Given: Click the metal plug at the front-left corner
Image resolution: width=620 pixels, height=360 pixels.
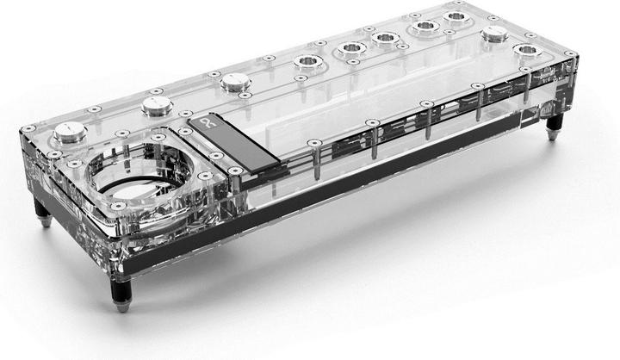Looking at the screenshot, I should click(x=68, y=132).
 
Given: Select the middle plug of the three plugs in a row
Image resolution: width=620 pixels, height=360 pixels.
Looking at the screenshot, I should click(x=157, y=105).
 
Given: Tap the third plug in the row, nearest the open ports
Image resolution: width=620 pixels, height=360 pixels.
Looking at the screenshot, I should click(x=235, y=82).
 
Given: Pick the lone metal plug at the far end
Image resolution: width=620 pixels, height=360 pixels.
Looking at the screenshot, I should click(x=494, y=34).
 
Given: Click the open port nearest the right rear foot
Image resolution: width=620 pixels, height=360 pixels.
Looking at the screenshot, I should click(x=525, y=51).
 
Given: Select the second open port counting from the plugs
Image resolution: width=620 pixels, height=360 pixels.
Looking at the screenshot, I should click(x=351, y=48).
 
